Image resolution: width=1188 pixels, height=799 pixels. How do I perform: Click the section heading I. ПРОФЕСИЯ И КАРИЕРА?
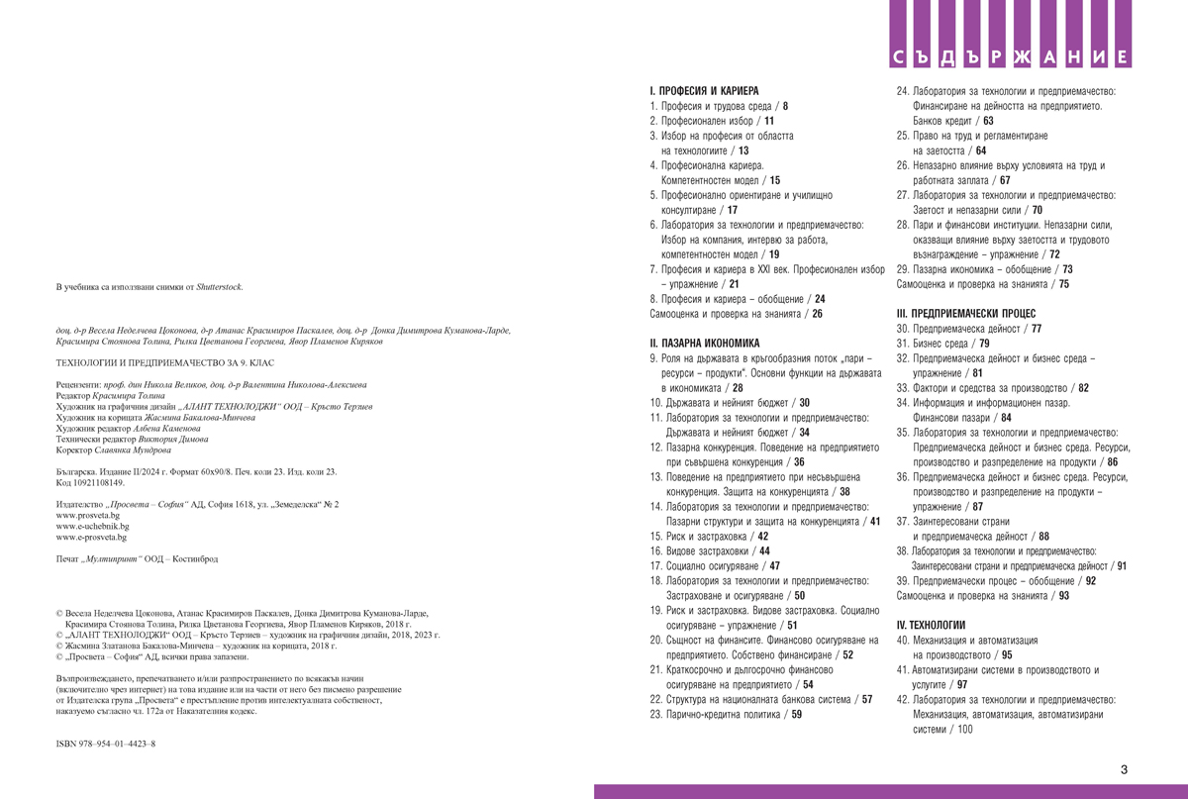[703, 89]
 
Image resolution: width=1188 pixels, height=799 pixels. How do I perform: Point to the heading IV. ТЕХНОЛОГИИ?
[931, 626]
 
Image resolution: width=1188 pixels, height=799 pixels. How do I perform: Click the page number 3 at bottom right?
[1124, 769]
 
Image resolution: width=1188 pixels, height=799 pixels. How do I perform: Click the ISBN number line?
[106, 742]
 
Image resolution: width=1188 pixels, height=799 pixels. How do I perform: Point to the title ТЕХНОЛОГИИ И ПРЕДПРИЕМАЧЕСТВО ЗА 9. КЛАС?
[164, 363]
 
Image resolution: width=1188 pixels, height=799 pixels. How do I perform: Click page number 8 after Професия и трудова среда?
[785, 104]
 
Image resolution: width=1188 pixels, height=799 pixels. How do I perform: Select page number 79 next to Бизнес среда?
[984, 343]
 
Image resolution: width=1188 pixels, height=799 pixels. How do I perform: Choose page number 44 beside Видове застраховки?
[764, 549]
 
